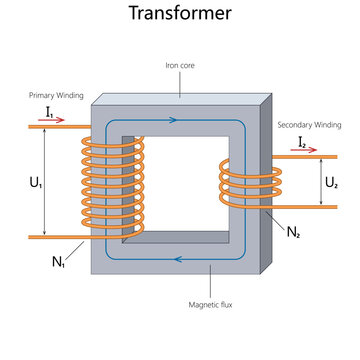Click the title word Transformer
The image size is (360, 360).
pyautogui.click(x=179, y=14)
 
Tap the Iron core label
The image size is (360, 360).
pyautogui.click(x=180, y=65)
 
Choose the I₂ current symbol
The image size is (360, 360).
pyautogui.click(x=301, y=143)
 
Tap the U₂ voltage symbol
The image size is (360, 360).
pyautogui.click(x=333, y=183)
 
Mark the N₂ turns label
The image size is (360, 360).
pyautogui.click(x=293, y=232)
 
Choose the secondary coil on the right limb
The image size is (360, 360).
pyautogui.click(x=243, y=185)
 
